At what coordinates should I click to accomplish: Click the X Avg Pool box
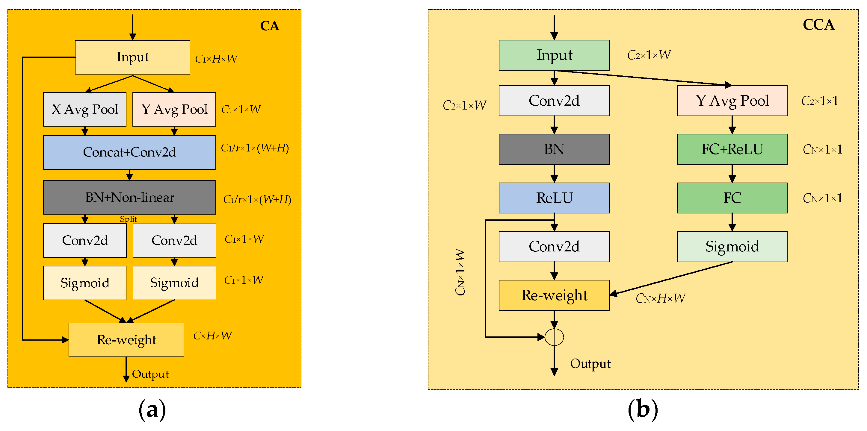[85, 109]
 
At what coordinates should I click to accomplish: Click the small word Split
[128, 219]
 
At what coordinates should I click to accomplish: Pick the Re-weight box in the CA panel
[126, 339]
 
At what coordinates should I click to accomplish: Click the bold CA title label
[270, 26]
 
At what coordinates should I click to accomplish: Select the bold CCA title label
[818, 25]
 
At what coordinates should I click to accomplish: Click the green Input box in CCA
[554, 55]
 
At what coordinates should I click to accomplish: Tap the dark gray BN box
[554, 149]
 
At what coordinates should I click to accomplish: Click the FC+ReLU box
[732, 149]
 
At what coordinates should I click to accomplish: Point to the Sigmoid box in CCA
[732, 246]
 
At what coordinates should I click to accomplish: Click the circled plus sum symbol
[554, 336]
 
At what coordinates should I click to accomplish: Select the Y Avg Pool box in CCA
[732, 101]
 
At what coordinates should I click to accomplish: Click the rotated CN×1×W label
[460, 272]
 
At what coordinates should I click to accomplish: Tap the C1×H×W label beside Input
[216, 59]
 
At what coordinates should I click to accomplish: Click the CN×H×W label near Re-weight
[660, 298]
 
